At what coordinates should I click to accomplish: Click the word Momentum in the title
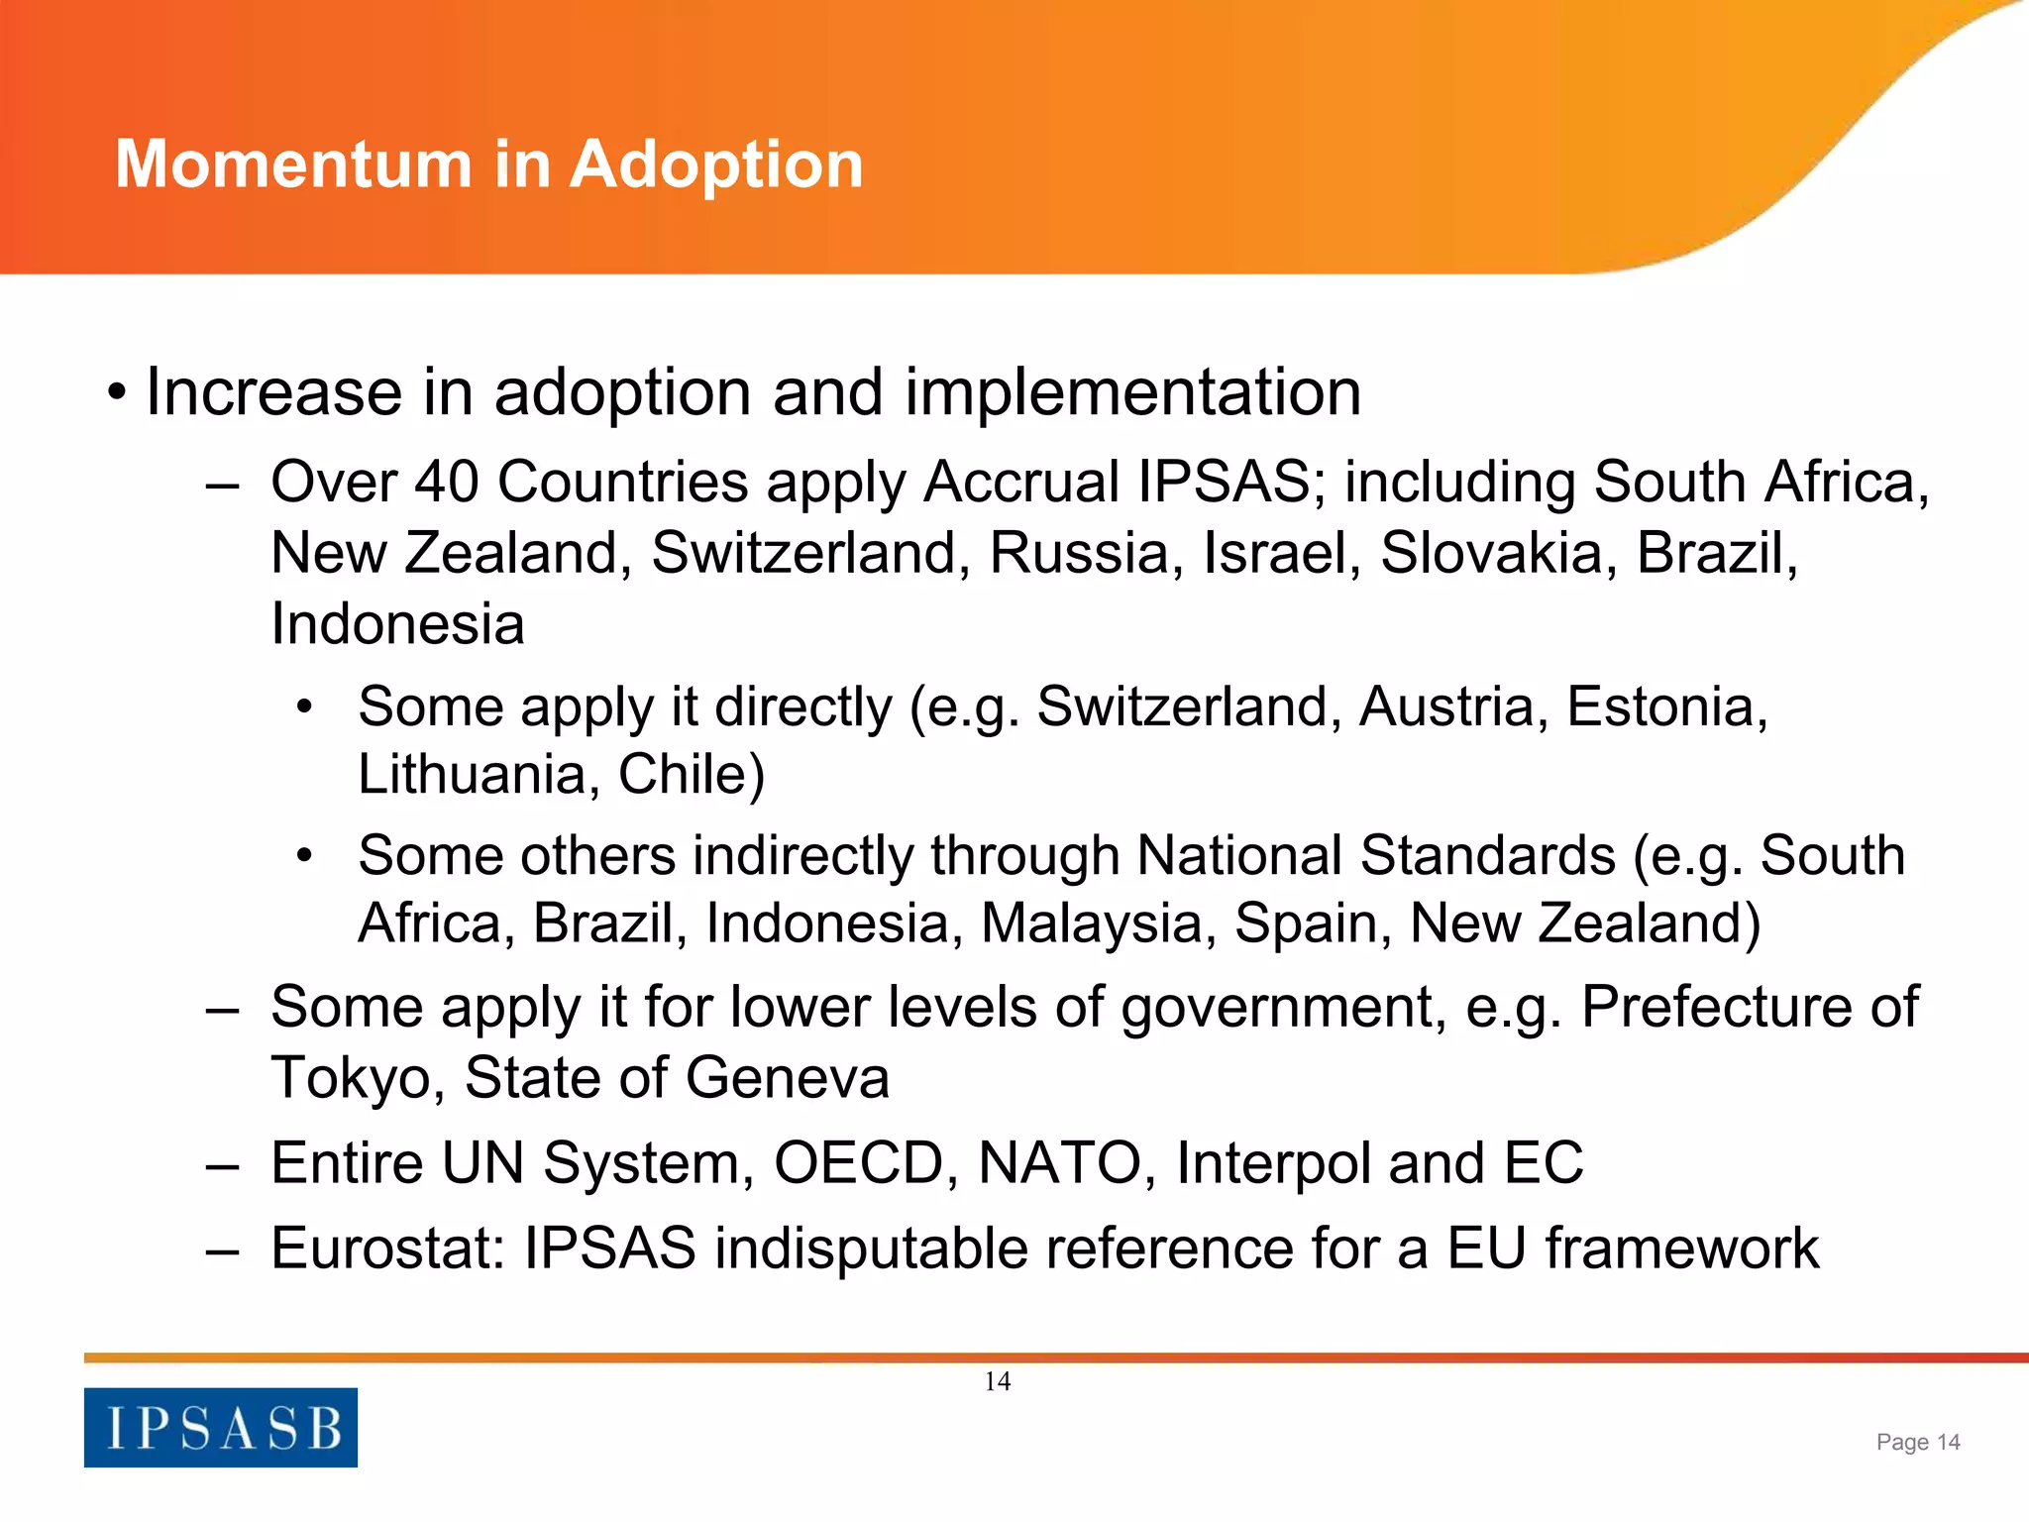point(293,163)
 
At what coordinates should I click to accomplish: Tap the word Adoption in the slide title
point(715,165)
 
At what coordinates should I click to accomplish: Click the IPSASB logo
point(221,1427)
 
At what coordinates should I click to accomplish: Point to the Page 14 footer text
point(1918,1442)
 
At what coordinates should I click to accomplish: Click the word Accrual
point(1022,483)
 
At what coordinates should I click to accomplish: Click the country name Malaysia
point(1098,924)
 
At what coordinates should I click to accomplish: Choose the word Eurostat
point(388,1248)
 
